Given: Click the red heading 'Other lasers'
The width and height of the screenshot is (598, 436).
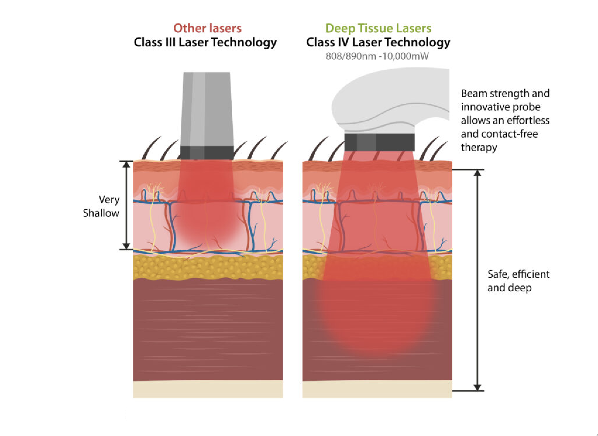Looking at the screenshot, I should [x=207, y=28].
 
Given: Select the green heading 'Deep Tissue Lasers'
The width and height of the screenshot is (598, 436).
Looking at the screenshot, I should [x=378, y=28].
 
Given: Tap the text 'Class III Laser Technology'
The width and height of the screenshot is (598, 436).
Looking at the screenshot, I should [x=205, y=42].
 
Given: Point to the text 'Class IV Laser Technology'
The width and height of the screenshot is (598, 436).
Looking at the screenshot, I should [x=378, y=42].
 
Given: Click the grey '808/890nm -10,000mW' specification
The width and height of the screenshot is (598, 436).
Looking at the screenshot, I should [x=377, y=56].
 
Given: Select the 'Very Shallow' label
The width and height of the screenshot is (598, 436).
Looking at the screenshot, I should [x=102, y=206].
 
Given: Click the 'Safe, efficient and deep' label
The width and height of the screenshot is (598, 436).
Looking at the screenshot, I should [x=518, y=281].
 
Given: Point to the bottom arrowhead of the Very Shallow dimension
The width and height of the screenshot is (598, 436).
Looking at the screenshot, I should [x=126, y=246].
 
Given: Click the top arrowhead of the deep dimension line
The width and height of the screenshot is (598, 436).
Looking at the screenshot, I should [x=477, y=173].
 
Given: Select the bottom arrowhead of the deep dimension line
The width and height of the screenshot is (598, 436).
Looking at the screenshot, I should [x=477, y=387].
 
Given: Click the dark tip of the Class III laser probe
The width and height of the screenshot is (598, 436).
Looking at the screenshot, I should [x=207, y=152].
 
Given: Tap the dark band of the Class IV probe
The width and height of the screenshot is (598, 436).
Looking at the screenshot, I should [x=379, y=142].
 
